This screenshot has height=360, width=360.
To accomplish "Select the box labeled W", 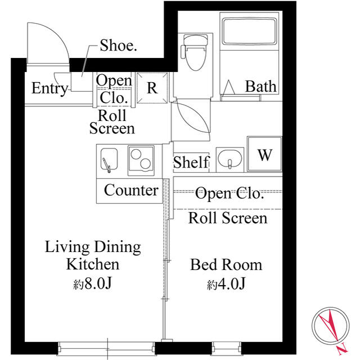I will pyautogui.click(x=265, y=155).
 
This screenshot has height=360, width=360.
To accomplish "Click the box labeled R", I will pyautogui.click(x=152, y=88).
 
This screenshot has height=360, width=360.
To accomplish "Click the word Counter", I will pyautogui.click(x=131, y=190).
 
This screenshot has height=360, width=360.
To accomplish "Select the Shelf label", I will pyautogui.click(x=191, y=163).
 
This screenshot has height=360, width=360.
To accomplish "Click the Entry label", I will pyautogui.click(x=49, y=88).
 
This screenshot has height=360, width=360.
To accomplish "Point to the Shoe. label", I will pyautogui.click(x=118, y=46).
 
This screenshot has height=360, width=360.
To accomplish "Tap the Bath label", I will pyautogui.click(x=261, y=86).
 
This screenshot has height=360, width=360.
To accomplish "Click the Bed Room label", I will pyautogui.click(x=226, y=264).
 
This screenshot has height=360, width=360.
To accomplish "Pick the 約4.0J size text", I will pyautogui.click(x=226, y=284).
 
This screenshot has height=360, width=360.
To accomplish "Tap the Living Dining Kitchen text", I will pyautogui.click(x=93, y=255).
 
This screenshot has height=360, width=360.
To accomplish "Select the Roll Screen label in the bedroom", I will pyautogui.click(x=227, y=218).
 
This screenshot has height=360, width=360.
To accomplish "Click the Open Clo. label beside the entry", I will pyautogui.click(x=114, y=89).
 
